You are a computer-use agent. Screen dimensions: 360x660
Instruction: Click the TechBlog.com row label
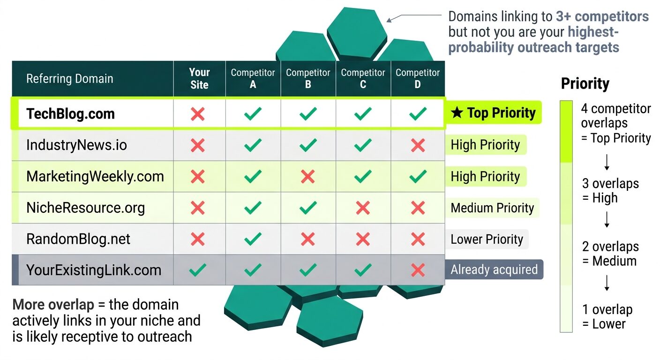70,114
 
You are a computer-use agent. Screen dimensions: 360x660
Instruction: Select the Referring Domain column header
69,79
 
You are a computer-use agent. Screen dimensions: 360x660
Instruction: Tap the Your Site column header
199,79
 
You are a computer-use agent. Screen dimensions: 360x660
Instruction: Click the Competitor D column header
417,79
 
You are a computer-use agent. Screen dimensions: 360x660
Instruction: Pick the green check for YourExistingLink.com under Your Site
198,270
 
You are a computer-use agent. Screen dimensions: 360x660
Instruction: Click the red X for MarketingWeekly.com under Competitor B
307,176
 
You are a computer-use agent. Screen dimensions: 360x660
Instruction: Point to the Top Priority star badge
493,113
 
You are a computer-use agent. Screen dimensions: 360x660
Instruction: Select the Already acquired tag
494,270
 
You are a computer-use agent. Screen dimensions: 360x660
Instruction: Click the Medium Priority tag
492,208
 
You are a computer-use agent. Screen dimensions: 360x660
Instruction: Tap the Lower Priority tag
487,239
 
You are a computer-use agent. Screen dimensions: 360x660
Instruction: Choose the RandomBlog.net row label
77,239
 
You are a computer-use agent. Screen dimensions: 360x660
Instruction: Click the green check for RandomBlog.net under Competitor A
253,239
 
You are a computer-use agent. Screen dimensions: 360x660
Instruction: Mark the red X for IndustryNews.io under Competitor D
417,145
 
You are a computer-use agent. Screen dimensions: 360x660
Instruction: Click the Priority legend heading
585,84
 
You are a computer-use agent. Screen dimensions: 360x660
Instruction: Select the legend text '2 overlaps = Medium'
609,254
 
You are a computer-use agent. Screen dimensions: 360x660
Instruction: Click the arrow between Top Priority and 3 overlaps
607,162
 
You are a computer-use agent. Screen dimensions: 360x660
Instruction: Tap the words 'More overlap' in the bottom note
53,305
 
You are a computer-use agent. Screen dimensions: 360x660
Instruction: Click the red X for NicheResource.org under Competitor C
362,208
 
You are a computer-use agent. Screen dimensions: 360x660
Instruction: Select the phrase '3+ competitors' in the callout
602,17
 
